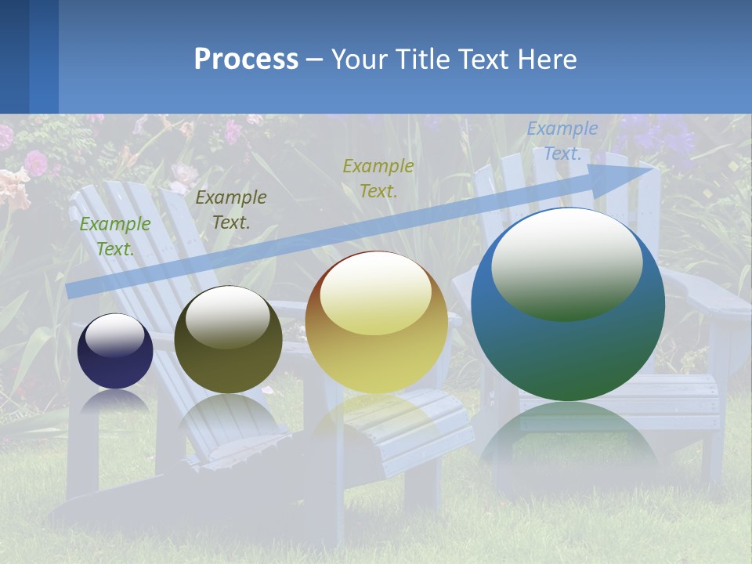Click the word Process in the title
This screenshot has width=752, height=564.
pyautogui.click(x=246, y=60)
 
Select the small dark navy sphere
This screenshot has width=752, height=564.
pyautogui.click(x=115, y=351)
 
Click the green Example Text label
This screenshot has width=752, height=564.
pyautogui.click(x=115, y=236)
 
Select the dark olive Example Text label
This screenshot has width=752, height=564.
pyautogui.click(x=230, y=209)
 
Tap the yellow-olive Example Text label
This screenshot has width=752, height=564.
pyautogui.click(x=378, y=178)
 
